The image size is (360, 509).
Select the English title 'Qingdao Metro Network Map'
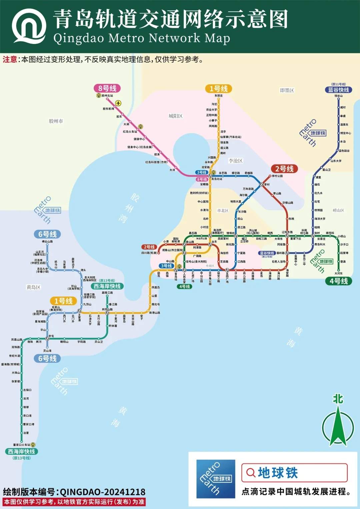pyautogui.click(x=142, y=38)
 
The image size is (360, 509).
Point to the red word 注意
pyautogui.click(x=10, y=60)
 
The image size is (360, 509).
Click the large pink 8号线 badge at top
pyautogui.click(x=107, y=88)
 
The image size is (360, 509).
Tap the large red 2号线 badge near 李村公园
pyautogui.click(x=284, y=169)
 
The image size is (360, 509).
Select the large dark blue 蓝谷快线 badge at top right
pyautogui.click(x=338, y=90)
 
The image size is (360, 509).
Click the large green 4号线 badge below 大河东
pyautogui.click(x=338, y=281)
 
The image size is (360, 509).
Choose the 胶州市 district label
pyautogui.click(x=56, y=121)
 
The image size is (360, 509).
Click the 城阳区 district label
pyautogui.click(x=175, y=116)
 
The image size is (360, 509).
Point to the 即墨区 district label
pyautogui.click(x=287, y=90)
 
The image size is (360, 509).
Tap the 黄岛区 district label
pyautogui.click(x=33, y=287)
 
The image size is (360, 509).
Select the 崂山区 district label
pyautogui.click(x=338, y=211)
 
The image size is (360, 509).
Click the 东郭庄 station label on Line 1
pyautogui.click(x=219, y=96)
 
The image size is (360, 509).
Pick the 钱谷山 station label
pyautogui.click(x=338, y=96)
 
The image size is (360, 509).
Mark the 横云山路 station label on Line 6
pyautogui.click(x=47, y=242)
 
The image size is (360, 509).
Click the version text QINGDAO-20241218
pyautogui.click(x=102, y=492)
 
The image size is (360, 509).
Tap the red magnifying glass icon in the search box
pyautogui.click(x=250, y=472)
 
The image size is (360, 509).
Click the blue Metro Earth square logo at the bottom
pyautogui.click(x=216, y=479)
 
